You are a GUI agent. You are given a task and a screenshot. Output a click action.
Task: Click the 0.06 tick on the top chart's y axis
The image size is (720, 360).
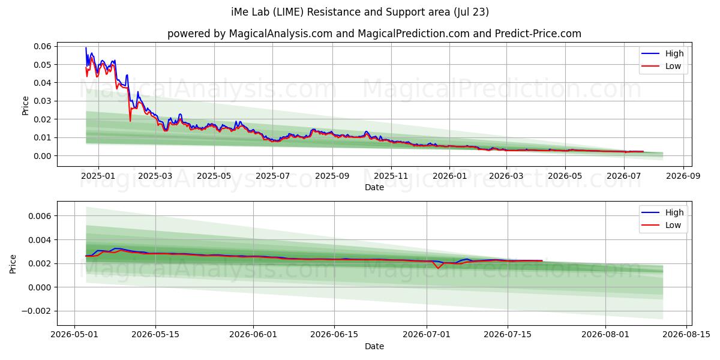point(42,46)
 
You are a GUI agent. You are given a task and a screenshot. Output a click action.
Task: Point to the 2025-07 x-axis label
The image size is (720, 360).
point(272,176)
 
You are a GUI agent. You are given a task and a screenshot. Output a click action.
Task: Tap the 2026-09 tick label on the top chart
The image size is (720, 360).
point(683,176)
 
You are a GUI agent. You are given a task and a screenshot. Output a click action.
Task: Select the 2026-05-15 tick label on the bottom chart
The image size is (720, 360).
point(155,335)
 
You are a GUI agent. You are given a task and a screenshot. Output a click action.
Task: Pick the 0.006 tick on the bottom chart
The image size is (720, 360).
point(40,216)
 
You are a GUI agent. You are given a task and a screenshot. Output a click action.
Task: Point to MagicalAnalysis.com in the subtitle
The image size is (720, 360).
point(281,34)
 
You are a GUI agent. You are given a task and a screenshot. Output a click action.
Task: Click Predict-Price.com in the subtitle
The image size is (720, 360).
point(538,34)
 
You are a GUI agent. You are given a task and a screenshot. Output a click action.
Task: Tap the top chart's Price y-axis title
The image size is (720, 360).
point(25,106)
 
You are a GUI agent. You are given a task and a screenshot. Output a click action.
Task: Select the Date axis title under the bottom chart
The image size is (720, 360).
point(374,346)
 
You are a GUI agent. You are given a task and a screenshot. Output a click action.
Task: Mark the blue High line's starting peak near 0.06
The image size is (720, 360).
point(86,48)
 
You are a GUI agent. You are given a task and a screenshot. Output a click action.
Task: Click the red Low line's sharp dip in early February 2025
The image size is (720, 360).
point(130,121)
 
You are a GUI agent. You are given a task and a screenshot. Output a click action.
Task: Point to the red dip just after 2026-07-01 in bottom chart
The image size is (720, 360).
point(438,268)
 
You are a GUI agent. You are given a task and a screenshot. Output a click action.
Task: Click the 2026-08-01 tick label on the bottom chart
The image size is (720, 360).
point(605,335)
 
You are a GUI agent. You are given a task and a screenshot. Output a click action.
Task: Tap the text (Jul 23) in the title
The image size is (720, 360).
point(471,12)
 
